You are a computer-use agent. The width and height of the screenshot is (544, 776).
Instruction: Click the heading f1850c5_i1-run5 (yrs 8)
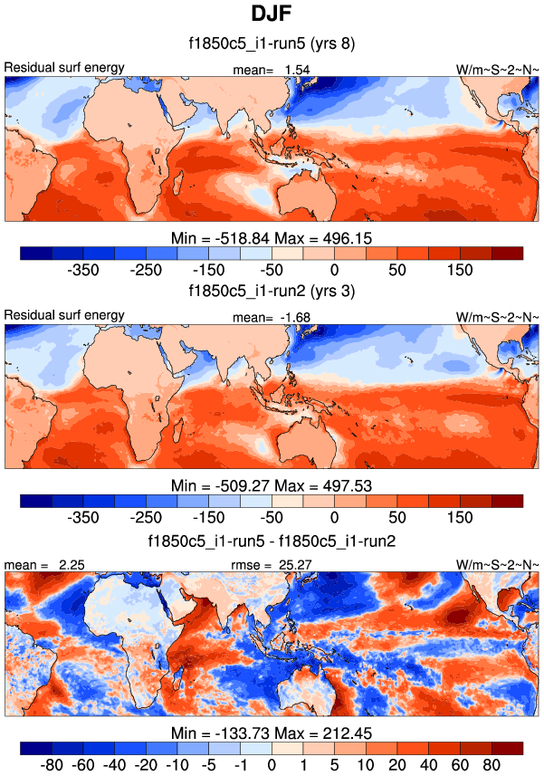coord(272,43)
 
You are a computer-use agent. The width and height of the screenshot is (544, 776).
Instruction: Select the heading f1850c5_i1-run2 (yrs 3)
coord(272,291)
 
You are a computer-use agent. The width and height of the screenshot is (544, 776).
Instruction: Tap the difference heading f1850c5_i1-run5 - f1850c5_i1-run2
coord(272,541)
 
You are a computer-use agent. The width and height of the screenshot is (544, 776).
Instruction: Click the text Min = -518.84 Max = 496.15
coord(272,237)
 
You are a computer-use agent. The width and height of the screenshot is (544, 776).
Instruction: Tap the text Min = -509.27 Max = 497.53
coord(272,485)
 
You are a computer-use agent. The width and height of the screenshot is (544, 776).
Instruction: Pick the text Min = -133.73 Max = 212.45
coord(272,733)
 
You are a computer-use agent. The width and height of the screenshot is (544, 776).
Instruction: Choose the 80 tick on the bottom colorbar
coord(492,766)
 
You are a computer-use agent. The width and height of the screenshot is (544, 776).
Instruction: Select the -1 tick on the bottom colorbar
coord(240,766)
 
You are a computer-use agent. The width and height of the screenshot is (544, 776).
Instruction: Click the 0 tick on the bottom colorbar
coord(272,766)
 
